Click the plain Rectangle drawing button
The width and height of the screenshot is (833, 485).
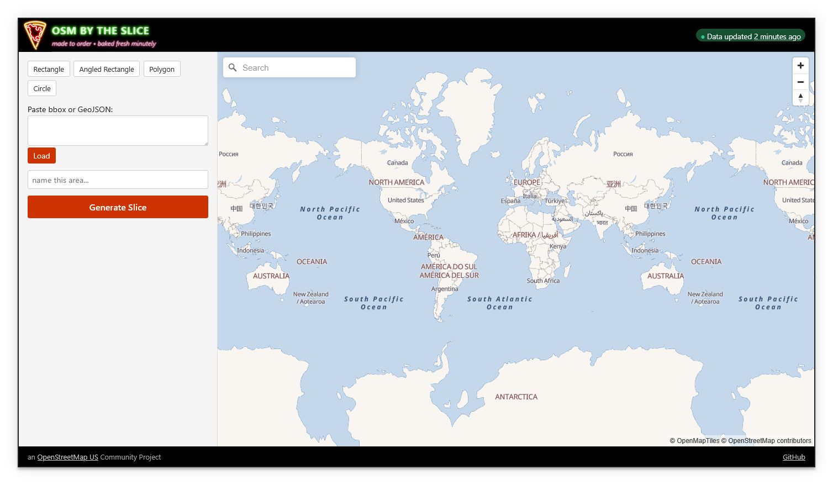tap(49, 69)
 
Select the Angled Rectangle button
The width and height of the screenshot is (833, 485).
tap(107, 69)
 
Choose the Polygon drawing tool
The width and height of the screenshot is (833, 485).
tap(162, 69)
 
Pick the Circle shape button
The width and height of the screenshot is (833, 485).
tap(42, 88)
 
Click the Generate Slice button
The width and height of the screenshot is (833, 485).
tap(118, 207)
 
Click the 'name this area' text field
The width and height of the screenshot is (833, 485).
tap(118, 180)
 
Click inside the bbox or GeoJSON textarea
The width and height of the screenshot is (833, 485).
tap(118, 131)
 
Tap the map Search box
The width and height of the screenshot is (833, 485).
tap(296, 68)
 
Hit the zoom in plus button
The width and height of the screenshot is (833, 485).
tap(800, 66)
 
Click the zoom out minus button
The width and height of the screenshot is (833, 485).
tap(800, 82)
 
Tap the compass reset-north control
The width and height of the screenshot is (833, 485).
tap(800, 98)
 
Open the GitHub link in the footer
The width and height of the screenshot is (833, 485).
tap(794, 457)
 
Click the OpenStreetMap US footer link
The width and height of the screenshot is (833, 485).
tap(67, 457)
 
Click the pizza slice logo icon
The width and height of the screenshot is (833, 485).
tap(35, 35)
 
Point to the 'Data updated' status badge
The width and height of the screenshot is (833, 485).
tap(750, 36)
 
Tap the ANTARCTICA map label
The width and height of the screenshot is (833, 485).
tap(516, 397)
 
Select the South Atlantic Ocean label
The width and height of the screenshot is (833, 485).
tap(500, 303)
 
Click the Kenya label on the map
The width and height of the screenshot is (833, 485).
tap(558, 246)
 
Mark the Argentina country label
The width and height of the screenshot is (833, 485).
tap(445, 289)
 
